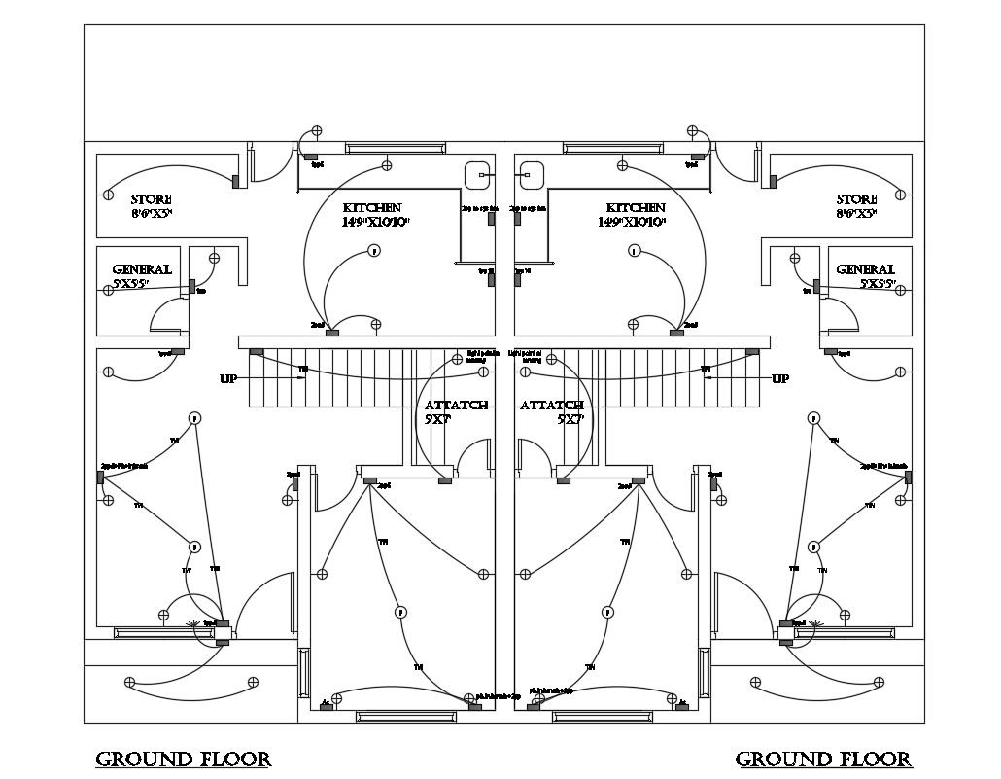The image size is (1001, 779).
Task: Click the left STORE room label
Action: pos(151,199)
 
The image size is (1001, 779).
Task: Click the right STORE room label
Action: pos(856,199)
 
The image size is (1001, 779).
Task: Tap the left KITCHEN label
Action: pos(372,208)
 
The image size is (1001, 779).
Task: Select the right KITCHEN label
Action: pos(636,208)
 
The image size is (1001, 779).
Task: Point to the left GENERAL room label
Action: pos(142,269)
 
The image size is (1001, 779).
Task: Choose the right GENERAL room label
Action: pos(865,269)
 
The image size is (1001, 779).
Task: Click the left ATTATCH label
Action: pos(456,405)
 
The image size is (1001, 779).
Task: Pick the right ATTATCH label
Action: pos(552,405)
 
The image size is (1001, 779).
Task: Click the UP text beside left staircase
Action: pos(228,378)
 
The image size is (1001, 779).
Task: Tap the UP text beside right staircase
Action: pos(780,378)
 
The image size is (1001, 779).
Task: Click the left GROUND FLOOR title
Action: pos(183,759)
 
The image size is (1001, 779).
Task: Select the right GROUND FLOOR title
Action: pos(823,759)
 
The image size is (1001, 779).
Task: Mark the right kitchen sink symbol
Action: pos(532,175)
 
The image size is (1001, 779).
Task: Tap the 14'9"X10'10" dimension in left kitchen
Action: pos(374,223)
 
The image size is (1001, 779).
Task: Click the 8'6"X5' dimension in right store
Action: pos(856,213)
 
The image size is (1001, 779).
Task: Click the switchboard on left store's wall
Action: pos(236,181)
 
